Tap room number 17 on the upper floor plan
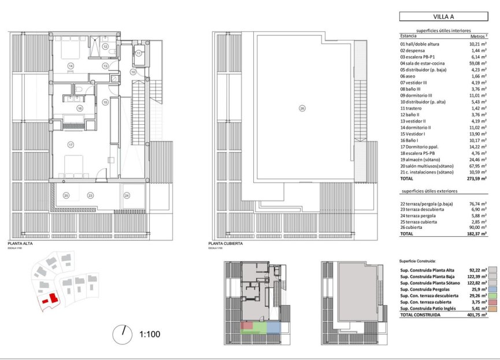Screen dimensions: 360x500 pos(71,144)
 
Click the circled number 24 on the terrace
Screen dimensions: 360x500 pos(127,196)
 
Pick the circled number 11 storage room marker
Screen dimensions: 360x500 pos(139,54)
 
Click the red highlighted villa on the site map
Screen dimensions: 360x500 pos(51,297)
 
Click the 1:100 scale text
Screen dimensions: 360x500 pos(150,333)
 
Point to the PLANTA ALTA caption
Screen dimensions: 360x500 pos(19,244)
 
